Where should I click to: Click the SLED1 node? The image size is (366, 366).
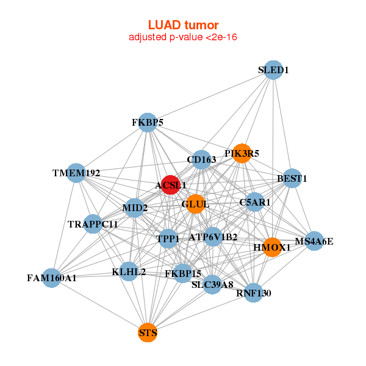[x=273, y=70]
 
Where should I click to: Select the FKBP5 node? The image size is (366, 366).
[x=148, y=123]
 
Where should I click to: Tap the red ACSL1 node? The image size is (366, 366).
[x=170, y=184]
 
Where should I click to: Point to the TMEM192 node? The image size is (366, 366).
[x=76, y=173]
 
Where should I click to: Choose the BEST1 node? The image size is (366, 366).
[x=292, y=179]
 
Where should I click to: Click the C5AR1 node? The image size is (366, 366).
[x=255, y=202]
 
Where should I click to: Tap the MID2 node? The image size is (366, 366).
[x=135, y=208]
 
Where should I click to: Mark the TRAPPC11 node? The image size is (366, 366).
[x=93, y=224]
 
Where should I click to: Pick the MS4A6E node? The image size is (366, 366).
[x=314, y=241]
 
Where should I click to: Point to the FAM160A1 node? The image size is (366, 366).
[x=52, y=278]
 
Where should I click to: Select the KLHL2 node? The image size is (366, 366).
[x=129, y=271]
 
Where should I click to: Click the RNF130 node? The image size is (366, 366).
[x=253, y=293]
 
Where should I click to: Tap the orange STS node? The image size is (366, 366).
[x=148, y=333]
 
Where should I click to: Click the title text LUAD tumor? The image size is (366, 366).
[x=183, y=25]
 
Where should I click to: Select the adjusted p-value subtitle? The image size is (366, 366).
[x=183, y=37]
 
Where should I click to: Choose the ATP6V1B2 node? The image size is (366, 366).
[x=213, y=236]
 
